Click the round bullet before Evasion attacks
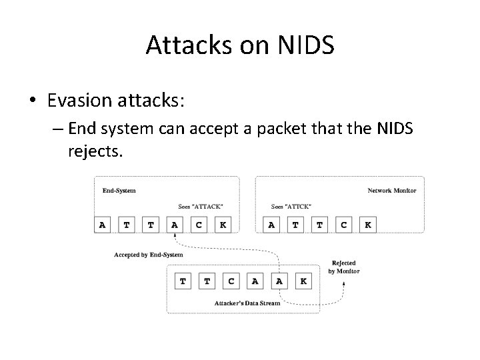coord(33,101)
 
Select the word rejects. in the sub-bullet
coord(95,151)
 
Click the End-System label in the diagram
coord(119,191)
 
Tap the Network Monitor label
coord(392,191)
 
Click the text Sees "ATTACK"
coord(201,206)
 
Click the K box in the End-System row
coord(223,225)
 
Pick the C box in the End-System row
coord(199,225)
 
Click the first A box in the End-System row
coord(102,225)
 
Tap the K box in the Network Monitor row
coord(367,225)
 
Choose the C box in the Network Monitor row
coord(343,225)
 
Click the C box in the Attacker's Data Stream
coord(231,281)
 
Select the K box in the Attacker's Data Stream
coord(303,281)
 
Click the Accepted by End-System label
coord(149,255)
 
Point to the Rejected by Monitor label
coord(344,267)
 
